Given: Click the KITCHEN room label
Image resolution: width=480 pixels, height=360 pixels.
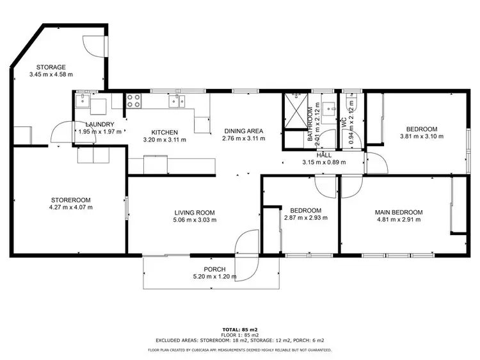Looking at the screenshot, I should pos(156,132).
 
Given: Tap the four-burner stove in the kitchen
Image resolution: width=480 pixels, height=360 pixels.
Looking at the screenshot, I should pos(134,101).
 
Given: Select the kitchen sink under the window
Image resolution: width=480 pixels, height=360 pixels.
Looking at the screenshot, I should pos(177,101).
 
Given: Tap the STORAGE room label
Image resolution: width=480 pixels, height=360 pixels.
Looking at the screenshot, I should pos(51,67).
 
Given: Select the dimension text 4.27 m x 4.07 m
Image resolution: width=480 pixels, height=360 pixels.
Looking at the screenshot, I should pos(70,207).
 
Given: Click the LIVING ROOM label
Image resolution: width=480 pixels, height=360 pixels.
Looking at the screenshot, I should pos(195,213).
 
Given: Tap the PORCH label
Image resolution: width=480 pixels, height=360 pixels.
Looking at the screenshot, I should pos(214,269).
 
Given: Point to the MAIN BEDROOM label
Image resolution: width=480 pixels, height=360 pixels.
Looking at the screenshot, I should pos(398,213).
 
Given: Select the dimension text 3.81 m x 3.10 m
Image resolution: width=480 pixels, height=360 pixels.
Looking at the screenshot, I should pos(422,136).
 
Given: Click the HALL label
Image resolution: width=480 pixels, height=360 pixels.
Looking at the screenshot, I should pos(324,154).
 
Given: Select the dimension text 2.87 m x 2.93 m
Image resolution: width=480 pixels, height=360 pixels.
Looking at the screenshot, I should pos(305,218).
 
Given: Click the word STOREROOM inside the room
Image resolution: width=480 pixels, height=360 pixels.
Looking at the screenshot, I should pos(70,199).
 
